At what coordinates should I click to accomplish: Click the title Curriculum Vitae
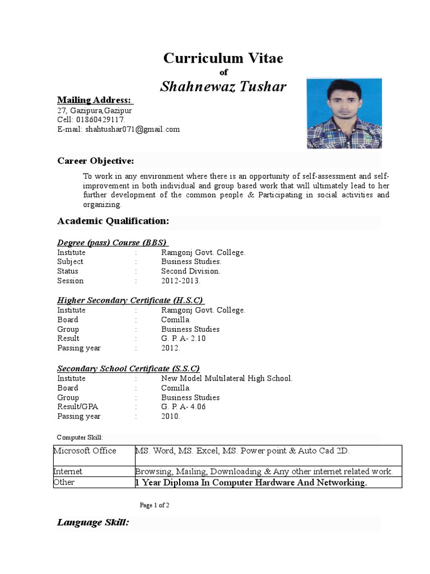(223, 58)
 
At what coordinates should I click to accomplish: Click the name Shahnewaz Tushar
(223, 86)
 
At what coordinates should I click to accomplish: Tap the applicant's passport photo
(344, 113)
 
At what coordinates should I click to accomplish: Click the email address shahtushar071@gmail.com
(132, 129)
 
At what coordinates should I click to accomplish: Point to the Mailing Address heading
(94, 100)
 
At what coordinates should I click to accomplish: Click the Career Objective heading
(95, 161)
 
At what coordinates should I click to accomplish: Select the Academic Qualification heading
(113, 221)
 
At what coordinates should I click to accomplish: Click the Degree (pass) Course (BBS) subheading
(111, 243)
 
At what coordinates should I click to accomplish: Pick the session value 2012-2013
(180, 281)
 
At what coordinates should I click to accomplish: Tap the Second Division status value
(190, 271)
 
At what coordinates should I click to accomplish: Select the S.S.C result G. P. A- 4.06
(183, 407)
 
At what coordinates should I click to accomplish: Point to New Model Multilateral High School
(227, 378)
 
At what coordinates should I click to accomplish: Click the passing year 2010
(170, 416)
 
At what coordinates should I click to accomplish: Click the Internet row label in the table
(68, 471)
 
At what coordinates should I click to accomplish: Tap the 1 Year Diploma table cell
(251, 483)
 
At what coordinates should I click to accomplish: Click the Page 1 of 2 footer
(155, 505)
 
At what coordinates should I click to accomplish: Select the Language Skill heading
(93, 523)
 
